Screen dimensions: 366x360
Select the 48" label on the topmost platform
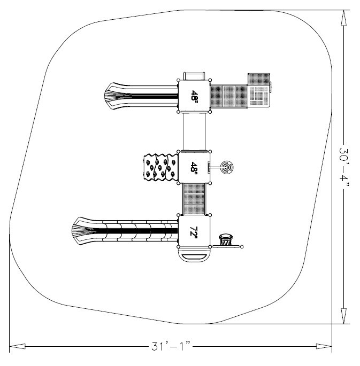coord(194,96)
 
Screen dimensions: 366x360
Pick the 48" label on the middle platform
coord(194,168)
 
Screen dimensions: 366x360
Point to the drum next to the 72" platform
coord(227,239)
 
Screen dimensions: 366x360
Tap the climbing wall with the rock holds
coord(159,167)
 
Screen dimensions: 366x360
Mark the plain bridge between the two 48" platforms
coord(194,132)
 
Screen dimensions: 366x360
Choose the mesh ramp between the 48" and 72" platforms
coord(194,199)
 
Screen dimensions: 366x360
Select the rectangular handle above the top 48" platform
coord(194,75)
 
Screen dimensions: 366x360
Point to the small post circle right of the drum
coord(242,246)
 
